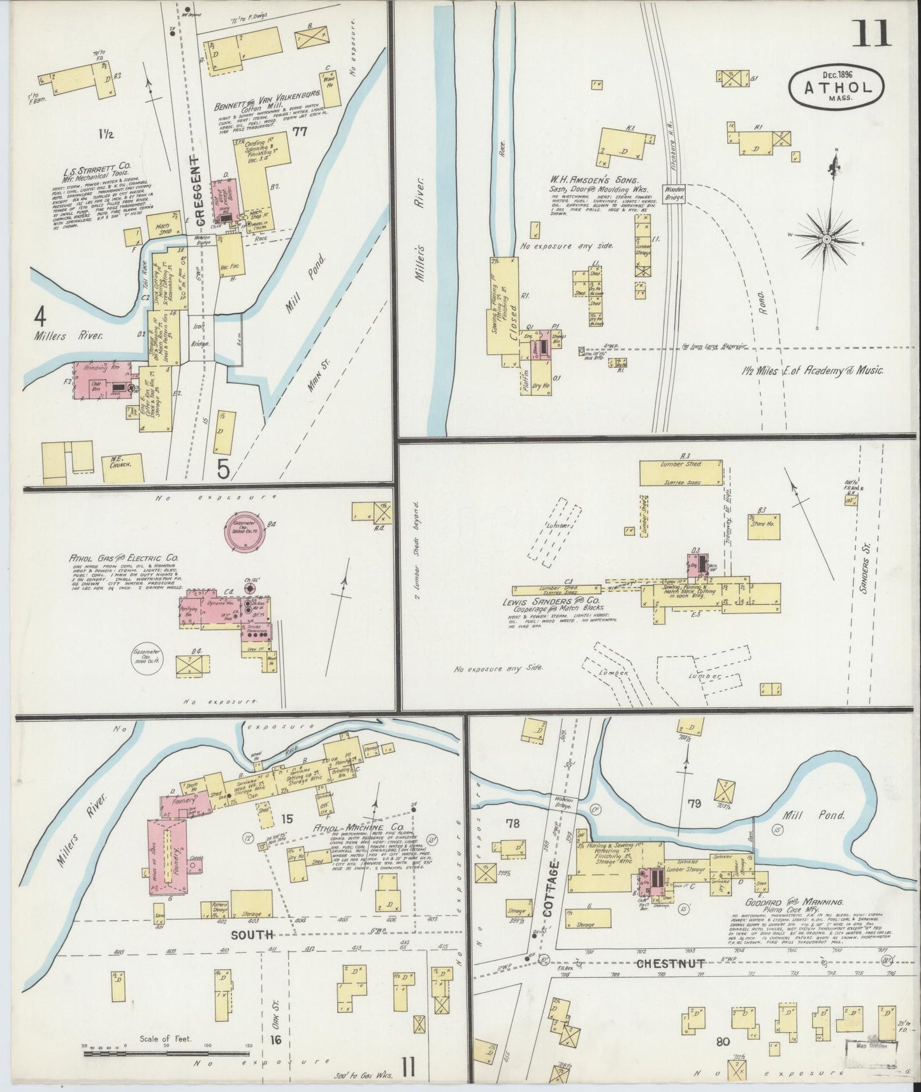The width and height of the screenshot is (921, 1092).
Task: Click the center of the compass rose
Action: pyautogui.click(x=826, y=239)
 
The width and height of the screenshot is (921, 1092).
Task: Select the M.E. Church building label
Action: pyautogui.click(x=117, y=465)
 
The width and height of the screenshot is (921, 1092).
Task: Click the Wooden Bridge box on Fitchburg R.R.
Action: pyautogui.click(x=674, y=194)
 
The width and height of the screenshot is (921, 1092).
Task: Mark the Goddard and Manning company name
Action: pyautogui.click(x=793, y=902)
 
